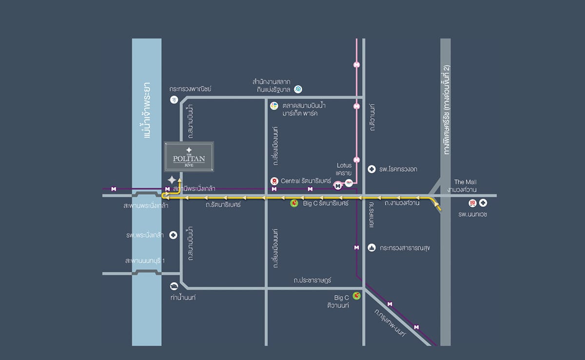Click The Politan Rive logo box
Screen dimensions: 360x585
click(189, 156)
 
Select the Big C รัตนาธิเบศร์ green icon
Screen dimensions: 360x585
click(294, 203)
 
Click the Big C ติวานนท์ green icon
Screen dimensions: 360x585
click(356, 295)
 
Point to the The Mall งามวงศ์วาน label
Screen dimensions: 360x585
click(465, 185)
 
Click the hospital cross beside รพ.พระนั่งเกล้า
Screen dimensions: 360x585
click(173, 235)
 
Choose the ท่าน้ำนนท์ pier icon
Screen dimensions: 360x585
click(174, 286)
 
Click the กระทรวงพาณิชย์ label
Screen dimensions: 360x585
click(190, 89)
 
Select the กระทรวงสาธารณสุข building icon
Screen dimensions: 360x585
click(372, 247)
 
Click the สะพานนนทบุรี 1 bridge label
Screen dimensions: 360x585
click(145, 261)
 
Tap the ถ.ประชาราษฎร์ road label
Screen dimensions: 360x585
click(312, 281)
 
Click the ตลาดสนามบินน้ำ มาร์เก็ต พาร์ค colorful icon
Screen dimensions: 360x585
click(274, 106)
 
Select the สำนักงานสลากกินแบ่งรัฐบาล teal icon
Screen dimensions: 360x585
click(298, 89)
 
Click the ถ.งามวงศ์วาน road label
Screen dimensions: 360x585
click(402, 203)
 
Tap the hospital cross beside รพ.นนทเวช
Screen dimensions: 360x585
click(483, 203)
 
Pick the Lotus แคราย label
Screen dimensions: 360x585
click(344, 169)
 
